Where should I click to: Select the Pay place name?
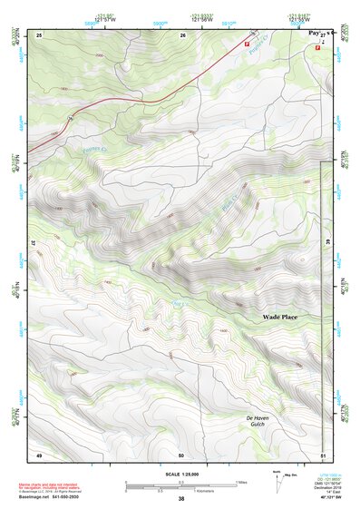click(314, 32)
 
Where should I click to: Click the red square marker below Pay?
click(317, 48)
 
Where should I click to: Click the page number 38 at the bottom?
click(180, 499)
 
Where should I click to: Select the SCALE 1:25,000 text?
click(180, 475)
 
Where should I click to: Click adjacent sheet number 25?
click(39, 34)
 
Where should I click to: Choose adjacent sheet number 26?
click(182, 34)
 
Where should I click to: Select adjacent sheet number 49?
click(39, 454)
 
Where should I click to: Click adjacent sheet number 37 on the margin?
click(33, 244)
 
